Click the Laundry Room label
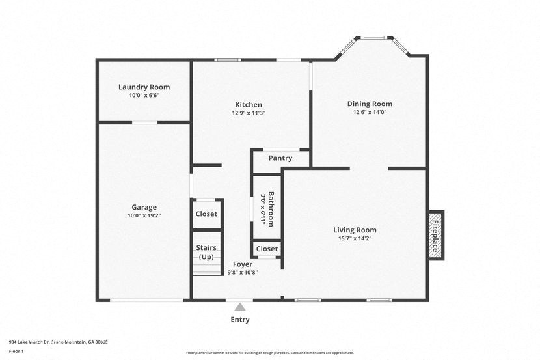tap(144, 87)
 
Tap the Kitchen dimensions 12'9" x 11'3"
tap(249, 113)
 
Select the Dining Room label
tap(370, 104)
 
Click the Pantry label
tap(280, 158)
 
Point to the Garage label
tap(144, 207)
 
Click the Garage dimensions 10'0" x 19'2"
tap(144, 215)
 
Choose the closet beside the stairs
tap(206, 214)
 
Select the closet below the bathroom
tap(267, 249)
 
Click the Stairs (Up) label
tap(206, 252)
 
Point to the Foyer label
tap(243, 264)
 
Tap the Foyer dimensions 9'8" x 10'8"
tap(243, 273)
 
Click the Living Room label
tap(355, 230)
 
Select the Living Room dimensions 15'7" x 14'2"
tap(355, 238)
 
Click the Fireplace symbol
tap(435, 236)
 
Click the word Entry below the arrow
tap(240, 320)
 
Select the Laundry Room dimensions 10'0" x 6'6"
tap(144, 95)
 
